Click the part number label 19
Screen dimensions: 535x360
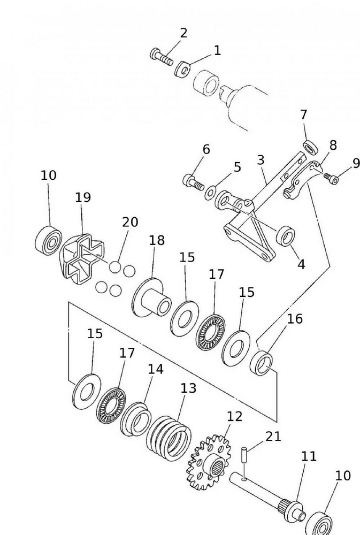click(x=82, y=197)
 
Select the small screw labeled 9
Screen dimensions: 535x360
click(x=332, y=179)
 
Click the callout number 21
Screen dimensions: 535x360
click(x=273, y=437)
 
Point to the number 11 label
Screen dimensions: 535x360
click(x=309, y=456)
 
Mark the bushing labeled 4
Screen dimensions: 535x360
click(x=285, y=235)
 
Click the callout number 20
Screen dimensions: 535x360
click(x=130, y=222)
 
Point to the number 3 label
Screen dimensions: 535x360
click(x=261, y=160)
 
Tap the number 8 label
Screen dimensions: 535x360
click(x=333, y=145)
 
